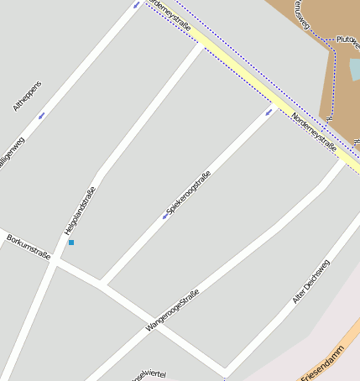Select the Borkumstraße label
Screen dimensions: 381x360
click(29, 248)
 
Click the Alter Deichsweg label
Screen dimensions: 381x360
click(310, 282)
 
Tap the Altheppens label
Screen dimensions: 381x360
click(28, 97)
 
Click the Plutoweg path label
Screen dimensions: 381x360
click(347, 39)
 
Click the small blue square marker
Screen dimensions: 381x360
click(71, 243)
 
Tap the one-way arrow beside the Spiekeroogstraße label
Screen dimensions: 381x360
click(164, 217)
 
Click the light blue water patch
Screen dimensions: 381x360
click(355, 69)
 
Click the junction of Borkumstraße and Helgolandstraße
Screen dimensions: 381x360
click(53, 262)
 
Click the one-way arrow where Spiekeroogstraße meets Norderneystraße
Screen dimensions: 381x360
click(270, 111)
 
